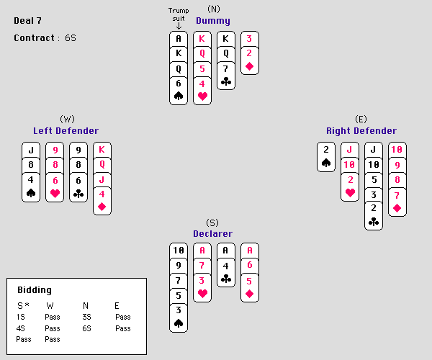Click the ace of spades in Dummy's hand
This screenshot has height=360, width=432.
click(x=179, y=39)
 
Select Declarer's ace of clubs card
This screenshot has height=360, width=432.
click(x=226, y=251)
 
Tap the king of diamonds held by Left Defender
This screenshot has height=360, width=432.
click(x=103, y=150)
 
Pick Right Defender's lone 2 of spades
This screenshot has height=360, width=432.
click(x=326, y=150)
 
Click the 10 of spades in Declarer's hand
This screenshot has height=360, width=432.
click(x=179, y=251)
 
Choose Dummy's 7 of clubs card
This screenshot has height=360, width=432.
click(x=226, y=68)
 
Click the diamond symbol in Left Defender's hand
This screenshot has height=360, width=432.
click(x=103, y=207)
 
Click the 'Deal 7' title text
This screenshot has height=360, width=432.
click(x=28, y=20)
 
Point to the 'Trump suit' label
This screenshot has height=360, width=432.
click(x=179, y=14)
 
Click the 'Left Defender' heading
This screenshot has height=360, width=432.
click(x=66, y=131)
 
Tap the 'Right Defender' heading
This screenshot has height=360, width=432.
click(x=361, y=131)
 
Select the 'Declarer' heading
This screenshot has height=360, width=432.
click(x=212, y=233)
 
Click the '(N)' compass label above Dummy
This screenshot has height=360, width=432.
click(x=213, y=9)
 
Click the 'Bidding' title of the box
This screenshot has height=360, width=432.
click(x=34, y=290)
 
